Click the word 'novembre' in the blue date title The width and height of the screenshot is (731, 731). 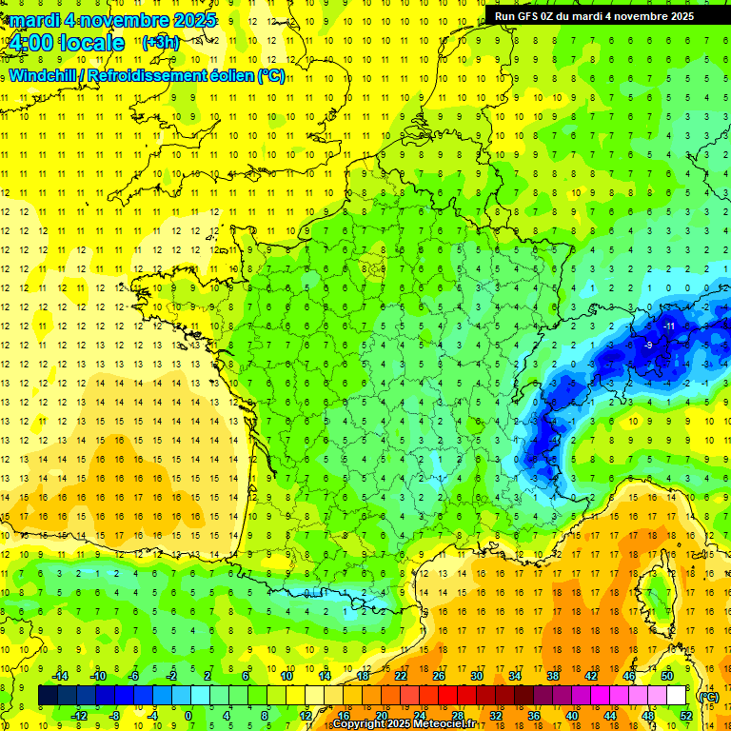[x=125, y=20]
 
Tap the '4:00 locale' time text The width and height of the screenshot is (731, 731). [x=65, y=43]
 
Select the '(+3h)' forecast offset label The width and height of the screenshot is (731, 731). [x=159, y=42]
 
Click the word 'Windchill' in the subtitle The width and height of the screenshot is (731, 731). [x=44, y=75]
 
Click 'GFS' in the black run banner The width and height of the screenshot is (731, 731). [x=537, y=16]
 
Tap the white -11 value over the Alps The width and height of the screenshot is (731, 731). [x=669, y=326]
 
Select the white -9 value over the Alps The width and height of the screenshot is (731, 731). [x=650, y=345]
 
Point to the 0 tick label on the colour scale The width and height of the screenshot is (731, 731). [x=188, y=716]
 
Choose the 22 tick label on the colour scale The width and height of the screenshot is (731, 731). [x=401, y=676]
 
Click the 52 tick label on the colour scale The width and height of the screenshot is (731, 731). [x=686, y=716]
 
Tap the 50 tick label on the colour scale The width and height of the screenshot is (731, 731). [x=667, y=676]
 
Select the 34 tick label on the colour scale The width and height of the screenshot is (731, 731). [x=515, y=676]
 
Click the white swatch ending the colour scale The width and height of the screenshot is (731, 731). [x=677, y=696]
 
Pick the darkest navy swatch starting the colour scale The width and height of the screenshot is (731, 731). [x=48, y=696]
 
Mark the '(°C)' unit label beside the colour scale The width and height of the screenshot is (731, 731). [x=708, y=696]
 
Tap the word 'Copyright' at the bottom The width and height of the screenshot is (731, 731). [x=361, y=724]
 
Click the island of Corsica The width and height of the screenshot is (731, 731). [x=657, y=595]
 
